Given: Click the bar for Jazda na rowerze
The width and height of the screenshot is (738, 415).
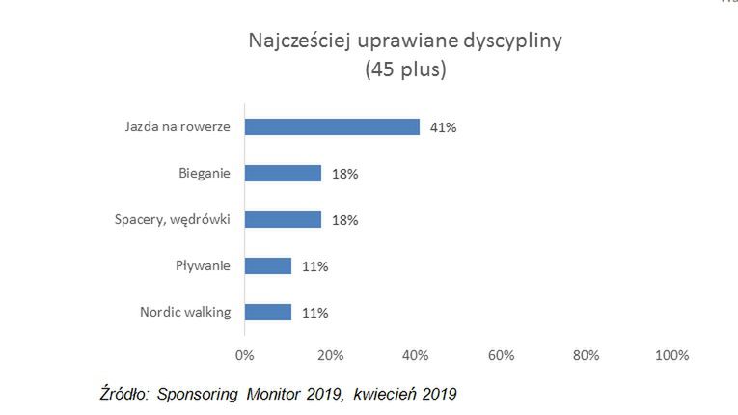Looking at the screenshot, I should [332, 126].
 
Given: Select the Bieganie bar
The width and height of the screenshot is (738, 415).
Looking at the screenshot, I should [283, 174].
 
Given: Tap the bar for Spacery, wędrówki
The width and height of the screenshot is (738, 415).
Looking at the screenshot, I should [283, 220].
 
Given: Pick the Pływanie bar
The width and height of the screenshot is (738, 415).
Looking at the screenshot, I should [268, 266].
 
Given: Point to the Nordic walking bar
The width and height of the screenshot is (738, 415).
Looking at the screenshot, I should [268, 313].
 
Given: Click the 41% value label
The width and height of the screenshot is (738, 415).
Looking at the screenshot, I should [444, 127].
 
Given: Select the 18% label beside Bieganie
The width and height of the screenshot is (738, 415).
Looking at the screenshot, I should [344, 174].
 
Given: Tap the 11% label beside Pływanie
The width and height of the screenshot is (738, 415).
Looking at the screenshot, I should [314, 266].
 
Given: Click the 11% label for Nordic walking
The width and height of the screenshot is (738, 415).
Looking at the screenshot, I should [314, 313].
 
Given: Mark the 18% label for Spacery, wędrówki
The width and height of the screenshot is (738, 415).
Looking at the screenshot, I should [344, 220].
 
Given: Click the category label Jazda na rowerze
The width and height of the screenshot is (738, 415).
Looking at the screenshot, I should [178, 127].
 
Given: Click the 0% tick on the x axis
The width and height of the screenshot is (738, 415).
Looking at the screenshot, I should [245, 355].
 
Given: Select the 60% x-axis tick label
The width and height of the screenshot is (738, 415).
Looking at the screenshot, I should [501, 355].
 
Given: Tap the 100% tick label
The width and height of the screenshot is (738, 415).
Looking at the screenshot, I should [671, 355].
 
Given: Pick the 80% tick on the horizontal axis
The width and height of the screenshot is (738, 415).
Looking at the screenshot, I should [587, 355].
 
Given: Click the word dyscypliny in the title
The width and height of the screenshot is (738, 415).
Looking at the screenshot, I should [511, 42].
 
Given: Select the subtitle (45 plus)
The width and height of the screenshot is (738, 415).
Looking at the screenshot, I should [405, 70].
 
